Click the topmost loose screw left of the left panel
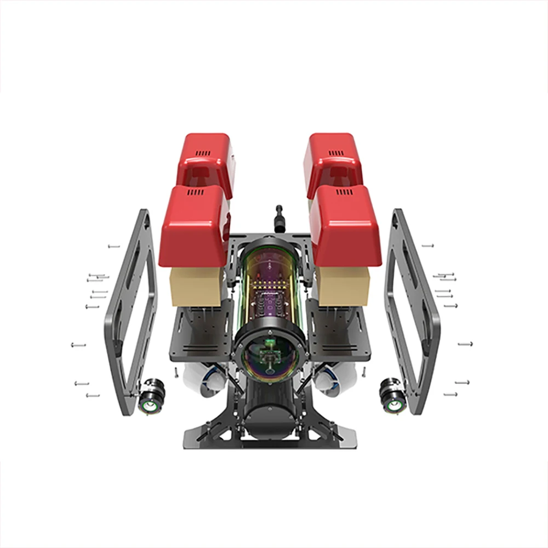pos(113,247)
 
